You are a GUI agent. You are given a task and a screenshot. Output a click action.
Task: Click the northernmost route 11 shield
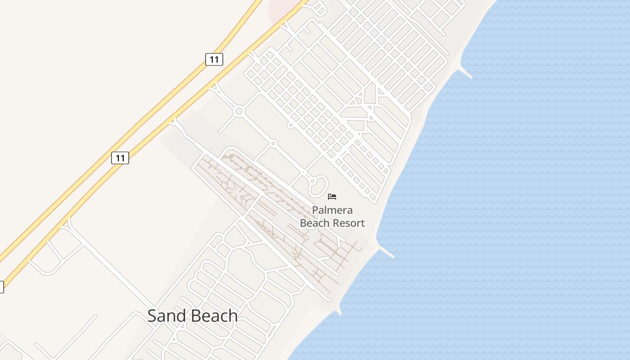pyautogui.click(x=214, y=59)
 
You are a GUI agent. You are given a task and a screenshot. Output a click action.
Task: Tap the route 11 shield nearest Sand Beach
pyautogui.click(x=120, y=158)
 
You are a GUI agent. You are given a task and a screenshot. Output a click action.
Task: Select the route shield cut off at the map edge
pyautogui.click(x=1, y=287)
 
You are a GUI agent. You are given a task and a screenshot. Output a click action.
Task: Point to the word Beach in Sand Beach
pyautogui.click(x=214, y=316)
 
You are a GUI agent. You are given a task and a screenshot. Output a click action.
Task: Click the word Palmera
pyautogui.click(x=333, y=210)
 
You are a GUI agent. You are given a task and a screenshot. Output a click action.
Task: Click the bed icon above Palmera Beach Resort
pyautogui.click(x=332, y=197)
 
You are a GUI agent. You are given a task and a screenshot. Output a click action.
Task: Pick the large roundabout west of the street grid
pyautogui.click(x=239, y=111)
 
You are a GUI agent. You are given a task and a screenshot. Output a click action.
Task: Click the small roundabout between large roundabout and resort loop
pyautogui.click(x=273, y=144)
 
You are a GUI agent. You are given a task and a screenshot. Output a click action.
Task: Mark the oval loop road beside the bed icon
pyautogui.click(x=318, y=186)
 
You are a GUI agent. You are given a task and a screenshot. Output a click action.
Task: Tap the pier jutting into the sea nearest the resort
pyautogui.click(x=386, y=252)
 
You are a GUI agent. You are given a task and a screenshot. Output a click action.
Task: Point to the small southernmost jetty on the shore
pyautogui.click(x=339, y=311)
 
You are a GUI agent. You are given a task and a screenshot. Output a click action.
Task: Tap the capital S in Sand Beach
pyautogui.click(x=153, y=316)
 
